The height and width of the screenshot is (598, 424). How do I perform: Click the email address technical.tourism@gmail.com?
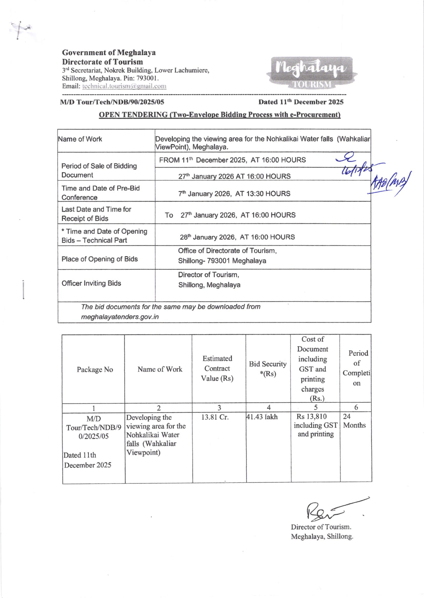124,86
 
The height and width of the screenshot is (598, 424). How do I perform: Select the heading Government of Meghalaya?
109,53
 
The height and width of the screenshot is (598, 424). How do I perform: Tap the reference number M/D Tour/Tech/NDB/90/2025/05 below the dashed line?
112,102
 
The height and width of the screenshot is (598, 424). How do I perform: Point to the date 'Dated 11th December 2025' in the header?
301,102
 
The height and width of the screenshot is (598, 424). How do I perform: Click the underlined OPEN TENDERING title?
219,115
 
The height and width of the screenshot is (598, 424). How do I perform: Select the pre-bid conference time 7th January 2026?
234,194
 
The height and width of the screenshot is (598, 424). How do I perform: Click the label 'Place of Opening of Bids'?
100,259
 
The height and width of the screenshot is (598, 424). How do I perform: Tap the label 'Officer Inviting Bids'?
91,283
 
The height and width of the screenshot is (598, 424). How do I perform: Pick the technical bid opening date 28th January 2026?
237,237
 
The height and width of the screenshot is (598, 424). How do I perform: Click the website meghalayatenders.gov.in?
120,317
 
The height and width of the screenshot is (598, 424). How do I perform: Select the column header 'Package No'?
95,370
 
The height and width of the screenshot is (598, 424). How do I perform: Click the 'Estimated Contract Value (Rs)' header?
217,369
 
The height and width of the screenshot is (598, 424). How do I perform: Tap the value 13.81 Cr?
215,417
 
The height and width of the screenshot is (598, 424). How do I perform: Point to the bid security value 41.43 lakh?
262,417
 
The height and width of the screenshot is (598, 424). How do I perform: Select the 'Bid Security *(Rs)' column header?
268,369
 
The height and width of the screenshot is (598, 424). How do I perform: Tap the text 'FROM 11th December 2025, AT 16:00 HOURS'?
232,160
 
